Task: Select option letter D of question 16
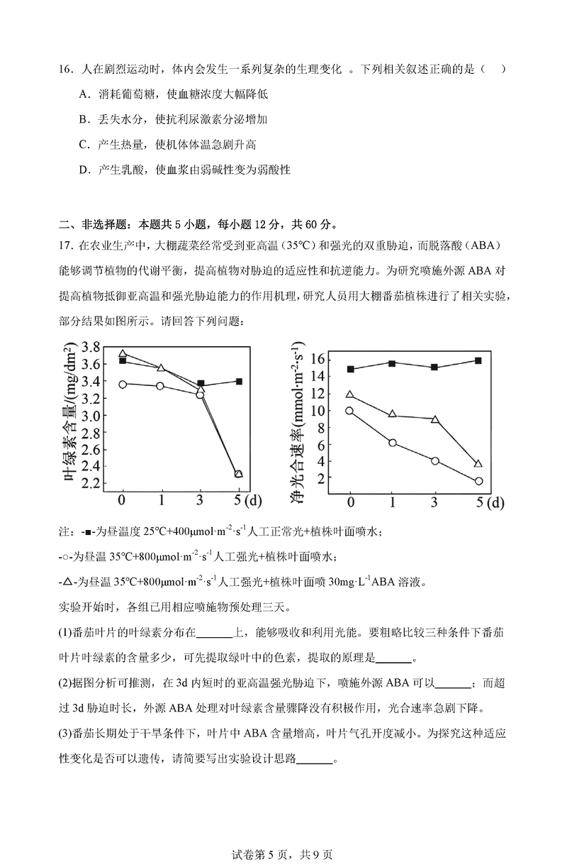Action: pyautogui.click(x=84, y=170)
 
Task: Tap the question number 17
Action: pyautogui.click(x=67, y=245)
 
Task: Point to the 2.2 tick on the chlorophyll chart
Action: pyautogui.click(x=91, y=483)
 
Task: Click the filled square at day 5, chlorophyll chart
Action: pyautogui.click(x=239, y=382)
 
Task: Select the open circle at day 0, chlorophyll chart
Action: pyautogui.click(x=123, y=384)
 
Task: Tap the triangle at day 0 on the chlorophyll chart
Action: pyautogui.click(x=123, y=353)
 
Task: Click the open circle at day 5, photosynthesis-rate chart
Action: pyautogui.click(x=478, y=481)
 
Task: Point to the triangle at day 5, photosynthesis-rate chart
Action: pyautogui.click(x=478, y=464)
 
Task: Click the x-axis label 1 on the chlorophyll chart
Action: pyautogui.click(x=161, y=499)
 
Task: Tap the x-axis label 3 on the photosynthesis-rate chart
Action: pyautogui.click(x=434, y=502)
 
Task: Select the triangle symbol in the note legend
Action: pyautogui.click(x=67, y=582)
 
